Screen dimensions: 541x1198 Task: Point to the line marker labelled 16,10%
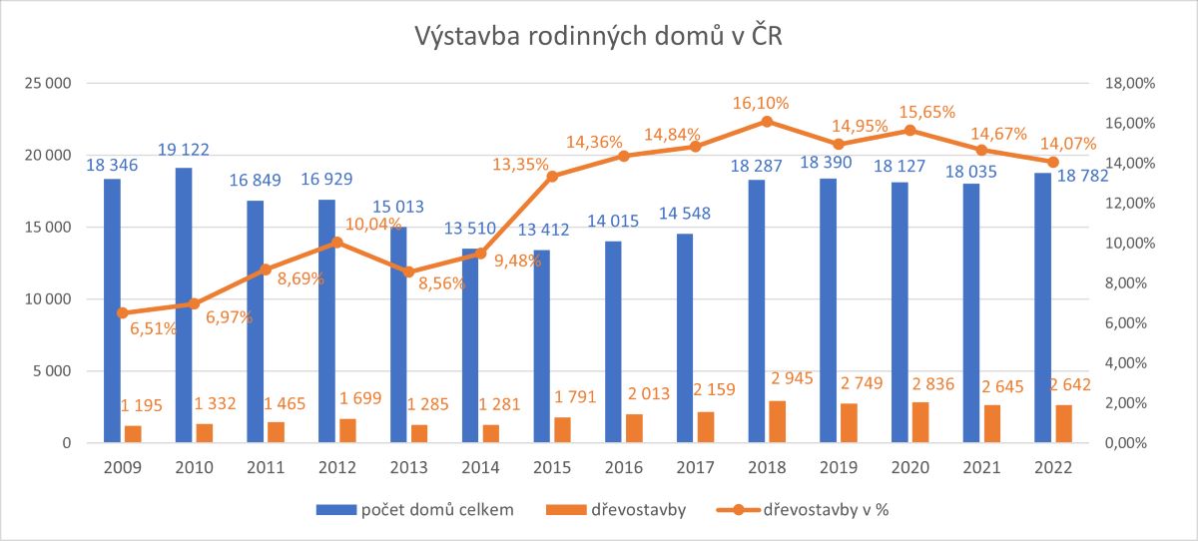(x=767, y=122)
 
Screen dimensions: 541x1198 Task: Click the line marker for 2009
(x=122, y=312)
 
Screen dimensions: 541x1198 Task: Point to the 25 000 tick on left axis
(x=47, y=84)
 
